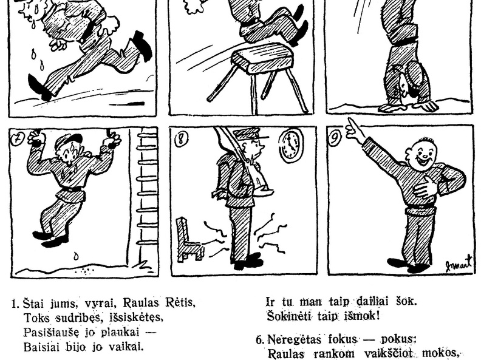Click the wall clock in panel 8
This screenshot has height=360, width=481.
(290, 145)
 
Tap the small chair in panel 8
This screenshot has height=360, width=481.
(189, 240)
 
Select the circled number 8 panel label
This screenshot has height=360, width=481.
(180, 139)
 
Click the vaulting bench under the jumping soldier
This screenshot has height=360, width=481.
(260, 76)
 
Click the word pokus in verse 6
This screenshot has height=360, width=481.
(398, 340)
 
